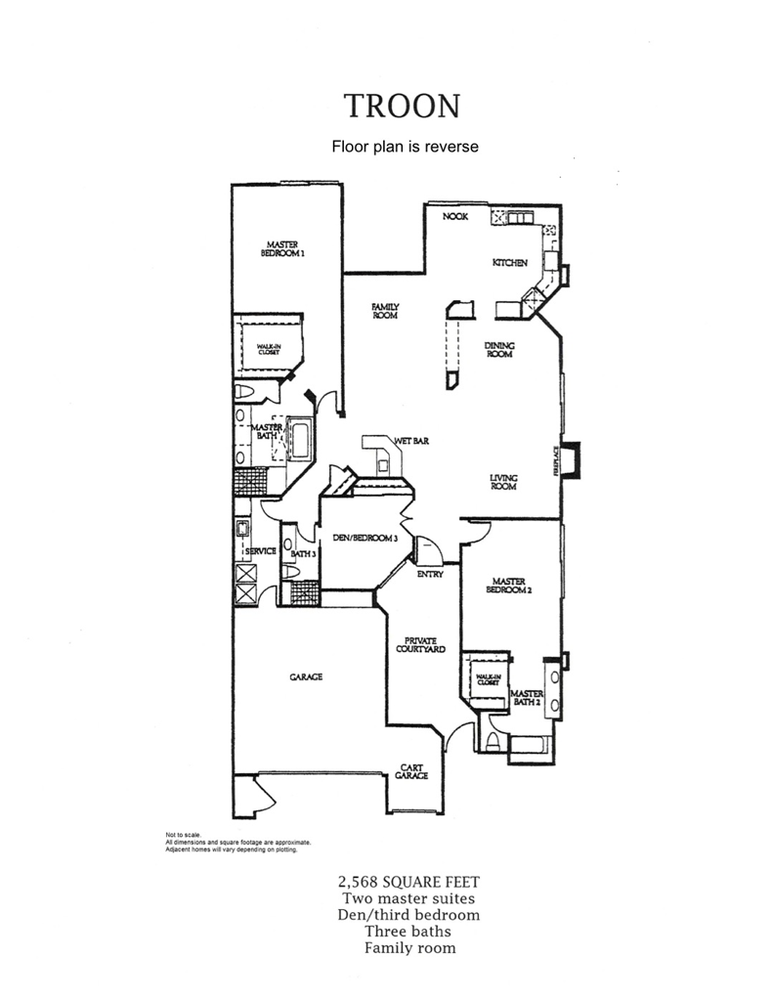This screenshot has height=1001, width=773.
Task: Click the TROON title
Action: click(401, 106)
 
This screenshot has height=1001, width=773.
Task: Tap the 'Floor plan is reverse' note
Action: click(404, 147)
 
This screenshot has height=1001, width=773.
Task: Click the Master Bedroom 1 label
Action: click(283, 248)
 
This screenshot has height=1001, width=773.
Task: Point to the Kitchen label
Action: click(509, 263)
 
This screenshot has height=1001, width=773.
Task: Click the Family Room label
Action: click(384, 311)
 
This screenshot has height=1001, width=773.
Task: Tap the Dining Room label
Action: click(500, 350)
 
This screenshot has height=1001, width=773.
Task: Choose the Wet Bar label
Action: click(412, 441)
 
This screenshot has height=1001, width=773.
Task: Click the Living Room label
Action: click(503, 482)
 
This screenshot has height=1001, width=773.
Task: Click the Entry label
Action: click(430, 574)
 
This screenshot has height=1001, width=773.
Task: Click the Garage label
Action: click(306, 676)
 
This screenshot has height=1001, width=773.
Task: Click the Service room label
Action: click(261, 551)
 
